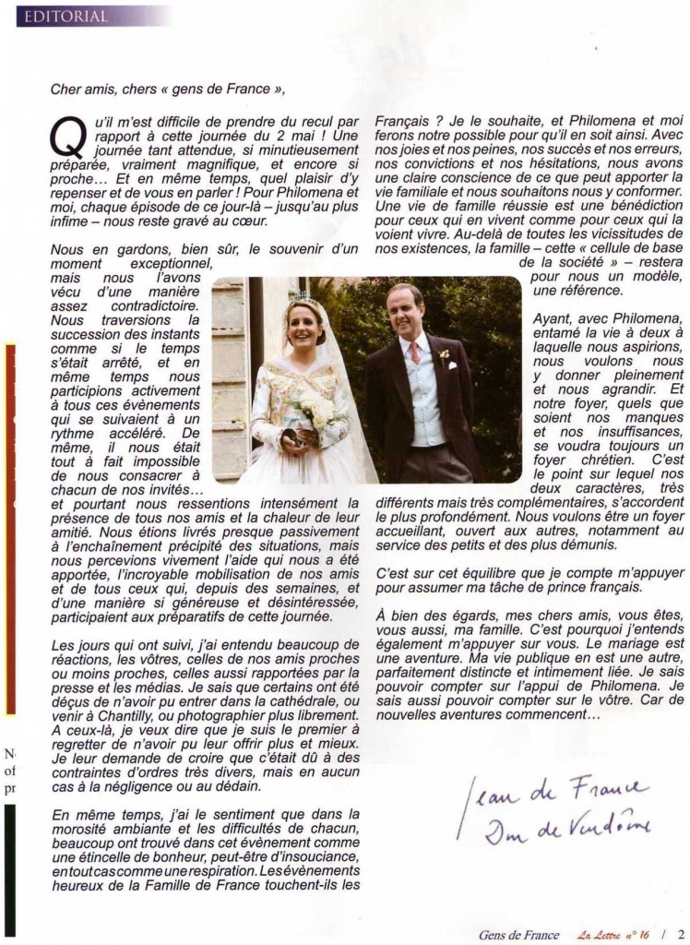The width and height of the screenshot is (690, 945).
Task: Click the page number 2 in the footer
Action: pyautogui.click(x=680, y=934)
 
